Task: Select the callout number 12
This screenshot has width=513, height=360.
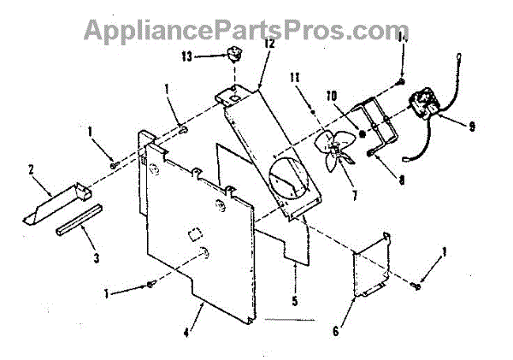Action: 268,42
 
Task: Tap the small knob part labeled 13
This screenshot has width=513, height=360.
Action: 230,57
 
